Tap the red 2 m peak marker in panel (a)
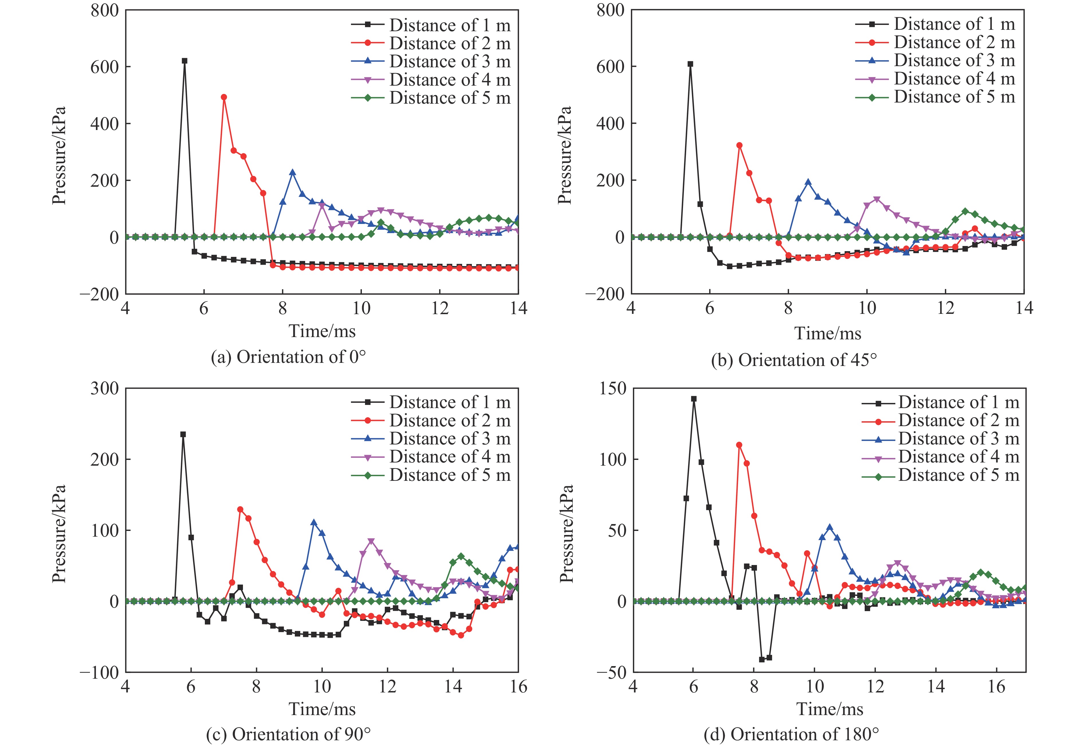pyautogui.click(x=224, y=97)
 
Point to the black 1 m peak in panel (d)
pyautogui.click(x=693, y=399)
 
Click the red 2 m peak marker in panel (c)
pyautogui.click(x=240, y=509)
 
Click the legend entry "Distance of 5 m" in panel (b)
pyautogui.click(x=954, y=97)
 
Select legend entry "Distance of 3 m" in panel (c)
pyautogui.click(x=449, y=438)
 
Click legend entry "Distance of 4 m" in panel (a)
pyautogui.click(x=449, y=80)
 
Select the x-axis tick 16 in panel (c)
pyautogui.click(x=518, y=687)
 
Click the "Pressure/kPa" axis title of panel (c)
pyautogui.click(x=59, y=533)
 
